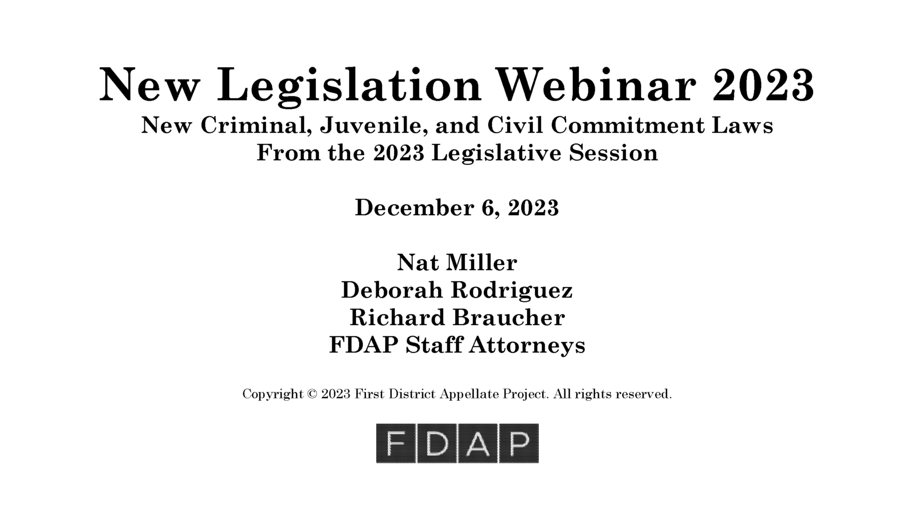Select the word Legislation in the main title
[x=348, y=85]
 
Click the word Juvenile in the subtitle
[x=370, y=126]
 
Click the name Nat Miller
[x=457, y=263]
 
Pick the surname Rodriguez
[x=512, y=290]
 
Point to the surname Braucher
[x=508, y=318]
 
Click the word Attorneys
[x=527, y=345]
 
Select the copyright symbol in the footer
[x=312, y=394]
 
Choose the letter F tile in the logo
[x=396, y=444]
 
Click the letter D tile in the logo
[x=437, y=444]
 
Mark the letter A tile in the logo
[x=478, y=444]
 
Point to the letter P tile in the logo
[x=519, y=444]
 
